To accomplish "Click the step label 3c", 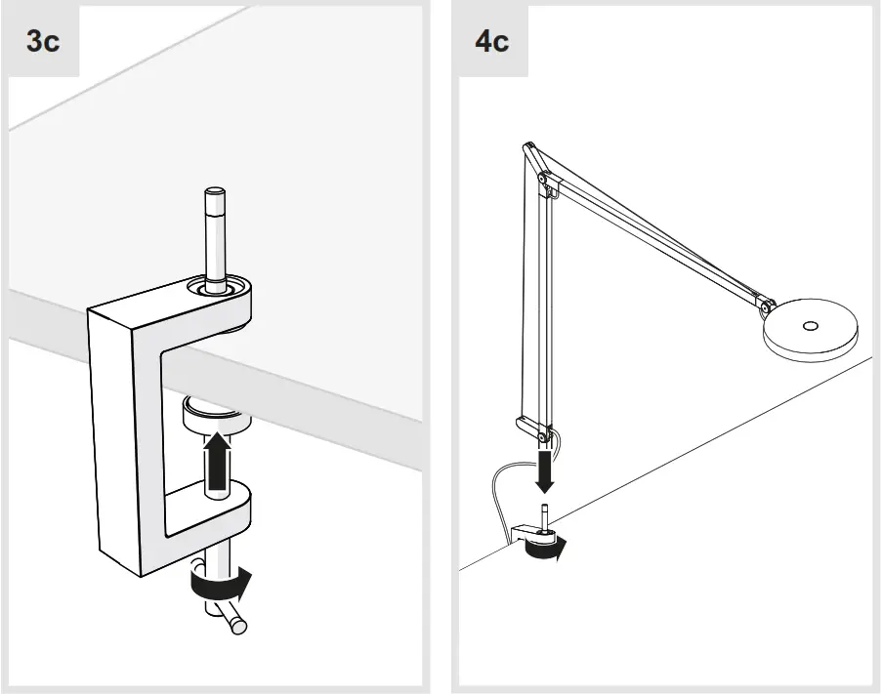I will [x=42, y=43].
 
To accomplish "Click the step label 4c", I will [x=491, y=43].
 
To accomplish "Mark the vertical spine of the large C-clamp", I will [x=115, y=439].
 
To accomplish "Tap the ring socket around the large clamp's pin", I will [x=213, y=290].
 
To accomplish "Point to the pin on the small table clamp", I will [x=545, y=514].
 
